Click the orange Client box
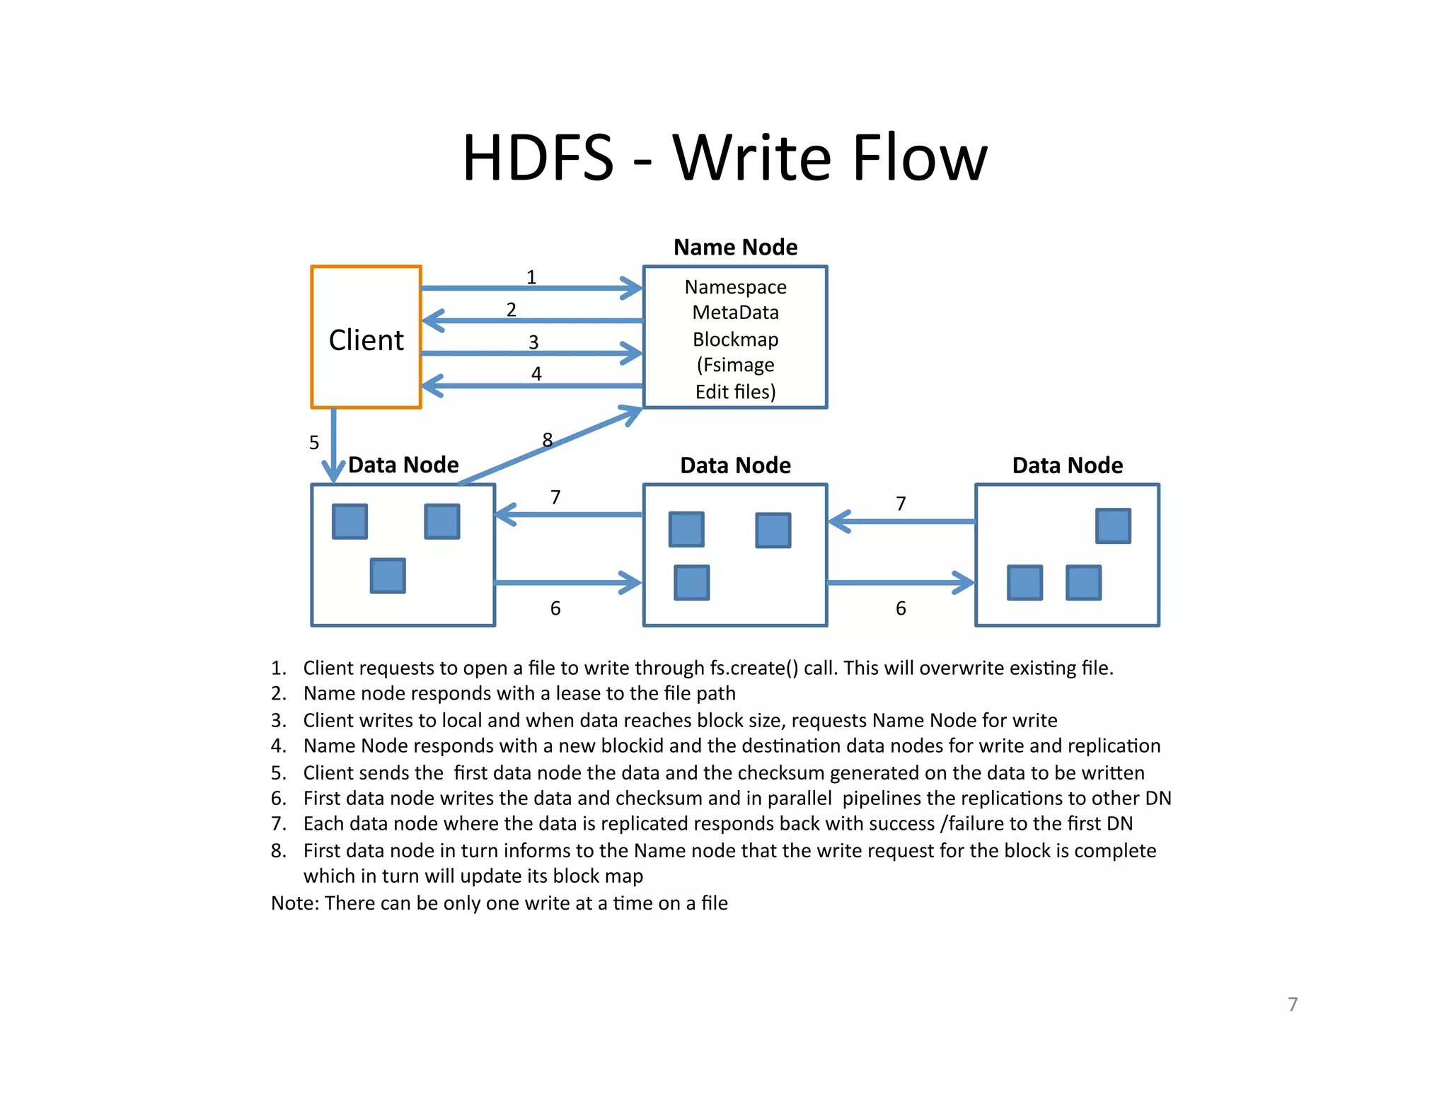366,337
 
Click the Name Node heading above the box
735,247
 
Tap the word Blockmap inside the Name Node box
735,340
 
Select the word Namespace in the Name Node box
735,287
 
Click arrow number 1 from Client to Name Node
531,288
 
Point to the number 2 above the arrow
511,310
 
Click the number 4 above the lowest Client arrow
536,373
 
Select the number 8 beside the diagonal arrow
547,440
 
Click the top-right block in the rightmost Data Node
1113,526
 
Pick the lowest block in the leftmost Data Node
388,576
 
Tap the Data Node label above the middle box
735,465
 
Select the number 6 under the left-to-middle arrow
555,608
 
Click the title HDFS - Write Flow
724,158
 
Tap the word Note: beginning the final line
295,903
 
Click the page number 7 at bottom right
1293,1004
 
